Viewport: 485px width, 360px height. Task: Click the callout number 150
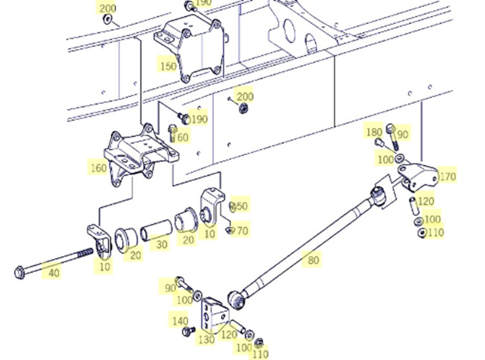[168, 65]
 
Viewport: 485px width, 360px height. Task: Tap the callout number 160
[99, 169]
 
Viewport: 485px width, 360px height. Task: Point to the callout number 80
[313, 259]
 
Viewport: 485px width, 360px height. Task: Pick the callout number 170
[447, 176]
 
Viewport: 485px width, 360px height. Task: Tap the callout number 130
[206, 339]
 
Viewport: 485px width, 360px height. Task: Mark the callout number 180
[375, 132]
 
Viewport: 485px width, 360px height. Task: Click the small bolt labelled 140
[187, 331]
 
